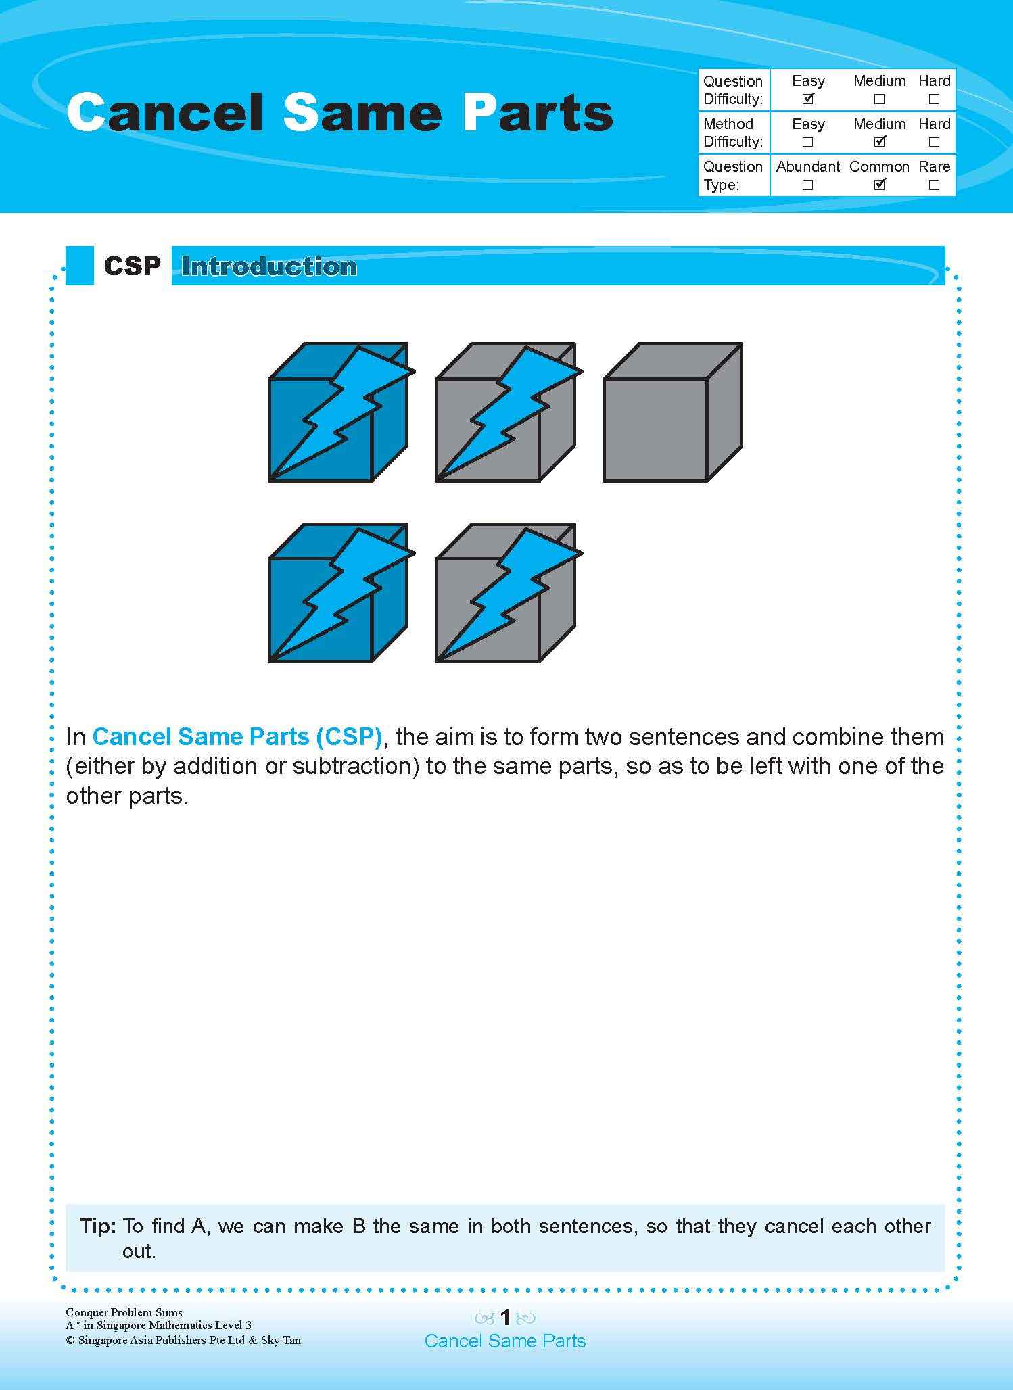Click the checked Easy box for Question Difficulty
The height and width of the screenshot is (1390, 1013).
click(x=807, y=99)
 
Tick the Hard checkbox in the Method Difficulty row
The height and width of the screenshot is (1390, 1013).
click(x=934, y=142)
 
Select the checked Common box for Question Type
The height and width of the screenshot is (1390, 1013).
click(x=879, y=185)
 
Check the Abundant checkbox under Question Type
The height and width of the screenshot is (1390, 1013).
click(x=807, y=185)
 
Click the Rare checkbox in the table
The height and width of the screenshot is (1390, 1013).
click(x=934, y=185)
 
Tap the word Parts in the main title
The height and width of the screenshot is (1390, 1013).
click(x=538, y=113)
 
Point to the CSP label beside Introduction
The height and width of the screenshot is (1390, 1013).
click(x=133, y=266)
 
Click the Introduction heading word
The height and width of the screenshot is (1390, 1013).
click(x=268, y=266)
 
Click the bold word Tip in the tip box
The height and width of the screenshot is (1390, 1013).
click(x=99, y=1226)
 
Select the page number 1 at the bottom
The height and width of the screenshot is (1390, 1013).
click(x=504, y=1317)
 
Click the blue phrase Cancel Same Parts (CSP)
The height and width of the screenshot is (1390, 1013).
click(x=237, y=736)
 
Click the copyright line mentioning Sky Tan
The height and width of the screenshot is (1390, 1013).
click(x=183, y=1340)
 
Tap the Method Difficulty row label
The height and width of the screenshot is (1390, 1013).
click(x=732, y=133)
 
